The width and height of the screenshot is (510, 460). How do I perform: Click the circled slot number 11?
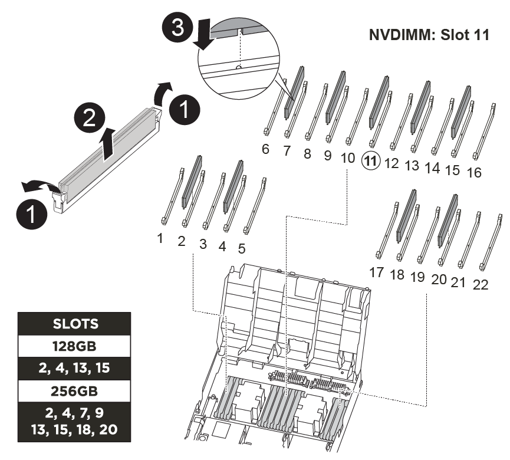[371, 161]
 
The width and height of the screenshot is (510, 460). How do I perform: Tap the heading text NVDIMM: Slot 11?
[429, 35]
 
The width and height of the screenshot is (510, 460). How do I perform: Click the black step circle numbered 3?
[177, 27]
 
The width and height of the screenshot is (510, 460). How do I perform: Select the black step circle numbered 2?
[90, 117]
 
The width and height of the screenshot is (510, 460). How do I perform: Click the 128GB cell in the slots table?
[74, 346]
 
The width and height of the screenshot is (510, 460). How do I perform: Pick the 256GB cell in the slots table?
[74, 391]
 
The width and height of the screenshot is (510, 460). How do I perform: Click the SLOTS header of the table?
[74, 324]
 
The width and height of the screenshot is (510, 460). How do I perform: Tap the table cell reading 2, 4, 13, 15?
[74, 368]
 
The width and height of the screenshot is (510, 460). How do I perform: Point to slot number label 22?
[481, 285]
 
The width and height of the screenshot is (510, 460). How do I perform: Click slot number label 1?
[160, 238]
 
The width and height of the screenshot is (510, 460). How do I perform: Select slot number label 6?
[265, 149]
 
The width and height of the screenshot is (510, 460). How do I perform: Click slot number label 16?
[474, 172]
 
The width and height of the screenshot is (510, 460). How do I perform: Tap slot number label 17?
[376, 272]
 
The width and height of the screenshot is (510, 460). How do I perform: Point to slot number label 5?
[241, 249]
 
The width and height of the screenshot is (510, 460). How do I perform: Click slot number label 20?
[439, 280]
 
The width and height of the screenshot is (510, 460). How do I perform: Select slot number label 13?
[412, 166]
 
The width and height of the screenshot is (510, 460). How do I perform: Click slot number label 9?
[328, 156]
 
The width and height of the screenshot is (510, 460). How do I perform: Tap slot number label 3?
[203, 244]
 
